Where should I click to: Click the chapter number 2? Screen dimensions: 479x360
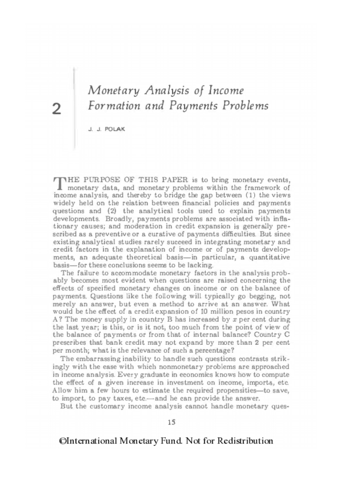(57, 109)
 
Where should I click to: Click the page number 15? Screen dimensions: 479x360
(171, 423)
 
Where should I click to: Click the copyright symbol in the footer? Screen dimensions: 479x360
(63, 441)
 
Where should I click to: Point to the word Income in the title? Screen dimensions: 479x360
(225, 90)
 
